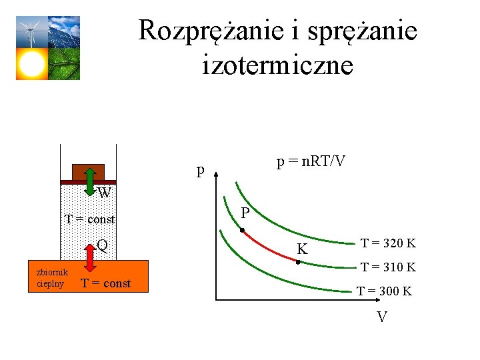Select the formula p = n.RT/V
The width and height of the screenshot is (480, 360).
click(x=311, y=162)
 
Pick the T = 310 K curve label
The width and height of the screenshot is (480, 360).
click(x=389, y=267)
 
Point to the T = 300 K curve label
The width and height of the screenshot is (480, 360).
click(x=385, y=291)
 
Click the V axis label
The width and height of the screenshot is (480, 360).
click(x=382, y=317)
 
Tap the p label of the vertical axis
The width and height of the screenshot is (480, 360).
click(x=200, y=171)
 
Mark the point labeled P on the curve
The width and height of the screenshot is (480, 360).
click(x=243, y=231)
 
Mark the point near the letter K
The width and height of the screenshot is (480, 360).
click(x=298, y=262)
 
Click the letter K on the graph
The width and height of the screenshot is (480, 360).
click(x=303, y=250)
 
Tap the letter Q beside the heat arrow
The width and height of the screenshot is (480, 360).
click(x=102, y=245)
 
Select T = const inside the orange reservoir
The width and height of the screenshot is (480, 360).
click(x=105, y=284)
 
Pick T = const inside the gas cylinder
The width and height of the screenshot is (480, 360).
click(x=89, y=219)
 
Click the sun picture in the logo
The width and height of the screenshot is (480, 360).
click(x=31, y=64)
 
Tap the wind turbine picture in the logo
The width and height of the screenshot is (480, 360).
click(x=31, y=31)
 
